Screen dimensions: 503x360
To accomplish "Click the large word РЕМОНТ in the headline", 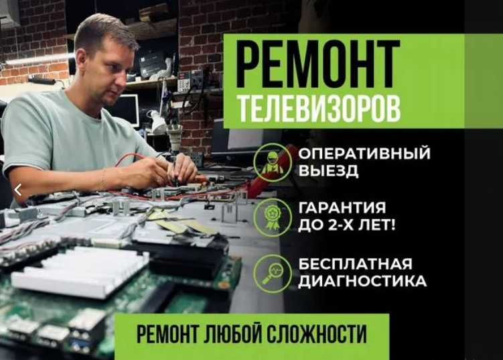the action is pos(318,64).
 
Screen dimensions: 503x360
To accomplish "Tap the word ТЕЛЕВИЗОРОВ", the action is pos(319,107).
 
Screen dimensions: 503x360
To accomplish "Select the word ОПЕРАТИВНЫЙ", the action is pos(364,154).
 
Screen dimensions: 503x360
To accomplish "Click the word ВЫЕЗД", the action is pos(328,170).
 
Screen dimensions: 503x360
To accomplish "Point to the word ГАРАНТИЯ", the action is pos(342,207).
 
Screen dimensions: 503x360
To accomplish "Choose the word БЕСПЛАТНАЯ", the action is pos(355,264).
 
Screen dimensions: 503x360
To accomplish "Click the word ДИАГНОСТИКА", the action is pos(362,282).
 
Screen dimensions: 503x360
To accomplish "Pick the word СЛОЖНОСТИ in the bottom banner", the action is pos(317,334).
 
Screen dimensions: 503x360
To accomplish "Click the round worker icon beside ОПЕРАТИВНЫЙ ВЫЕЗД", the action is pos(273,162).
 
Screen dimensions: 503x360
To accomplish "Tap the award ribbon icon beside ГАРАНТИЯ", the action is pos(273,217).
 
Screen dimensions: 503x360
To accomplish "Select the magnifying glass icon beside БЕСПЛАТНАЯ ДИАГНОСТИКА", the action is pos(273,274).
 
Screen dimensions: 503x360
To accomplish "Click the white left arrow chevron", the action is pos(18,190).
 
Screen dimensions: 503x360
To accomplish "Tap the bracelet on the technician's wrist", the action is pos(104,178).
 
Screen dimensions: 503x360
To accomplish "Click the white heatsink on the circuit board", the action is pos(80,272).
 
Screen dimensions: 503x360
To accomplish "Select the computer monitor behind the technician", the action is pos(126,110).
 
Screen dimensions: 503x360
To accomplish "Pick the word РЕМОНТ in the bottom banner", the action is pos(167,334).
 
